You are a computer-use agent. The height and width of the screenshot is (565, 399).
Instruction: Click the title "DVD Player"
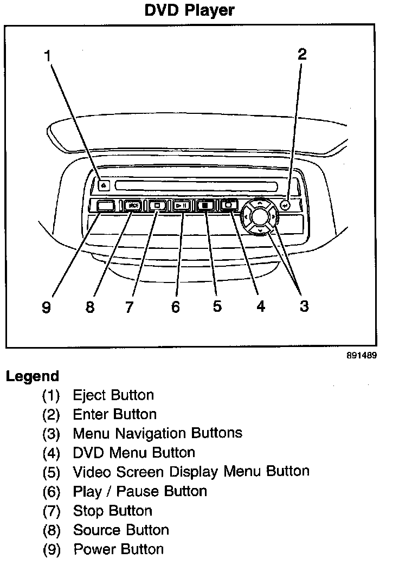pyautogui.click(x=189, y=10)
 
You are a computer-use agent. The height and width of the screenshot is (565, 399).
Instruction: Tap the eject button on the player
pyautogui.click(x=104, y=185)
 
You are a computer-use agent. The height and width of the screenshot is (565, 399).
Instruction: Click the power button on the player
pyautogui.click(x=106, y=206)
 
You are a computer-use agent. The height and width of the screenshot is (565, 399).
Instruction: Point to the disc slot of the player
pyautogui.click(x=196, y=186)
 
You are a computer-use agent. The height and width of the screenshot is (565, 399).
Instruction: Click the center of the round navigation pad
pyautogui.click(x=260, y=217)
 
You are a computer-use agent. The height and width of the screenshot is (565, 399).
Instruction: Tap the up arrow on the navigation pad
pyautogui.click(x=260, y=204)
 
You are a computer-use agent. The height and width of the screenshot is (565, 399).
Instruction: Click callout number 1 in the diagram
pyautogui.click(x=48, y=55)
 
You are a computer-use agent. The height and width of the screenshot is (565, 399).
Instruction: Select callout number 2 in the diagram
pyautogui.click(x=302, y=54)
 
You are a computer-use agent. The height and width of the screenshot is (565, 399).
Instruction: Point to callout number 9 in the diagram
pyautogui.click(x=46, y=307)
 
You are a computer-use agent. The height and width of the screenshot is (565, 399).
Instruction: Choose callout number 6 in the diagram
pyautogui.click(x=175, y=307)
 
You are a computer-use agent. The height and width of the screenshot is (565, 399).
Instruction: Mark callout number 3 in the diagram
pyautogui.click(x=304, y=306)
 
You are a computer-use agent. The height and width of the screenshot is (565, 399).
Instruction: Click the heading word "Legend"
pyautogui.click(x=32, y=376)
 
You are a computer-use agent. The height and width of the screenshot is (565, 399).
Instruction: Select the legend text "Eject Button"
pyautogui.click(x=113, y=395)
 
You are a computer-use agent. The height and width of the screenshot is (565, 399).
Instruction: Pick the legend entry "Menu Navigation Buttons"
pyautogui.click(x=157, y=433)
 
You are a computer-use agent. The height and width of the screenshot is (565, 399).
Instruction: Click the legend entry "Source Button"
pyautogui.click(x=121, y=530)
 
